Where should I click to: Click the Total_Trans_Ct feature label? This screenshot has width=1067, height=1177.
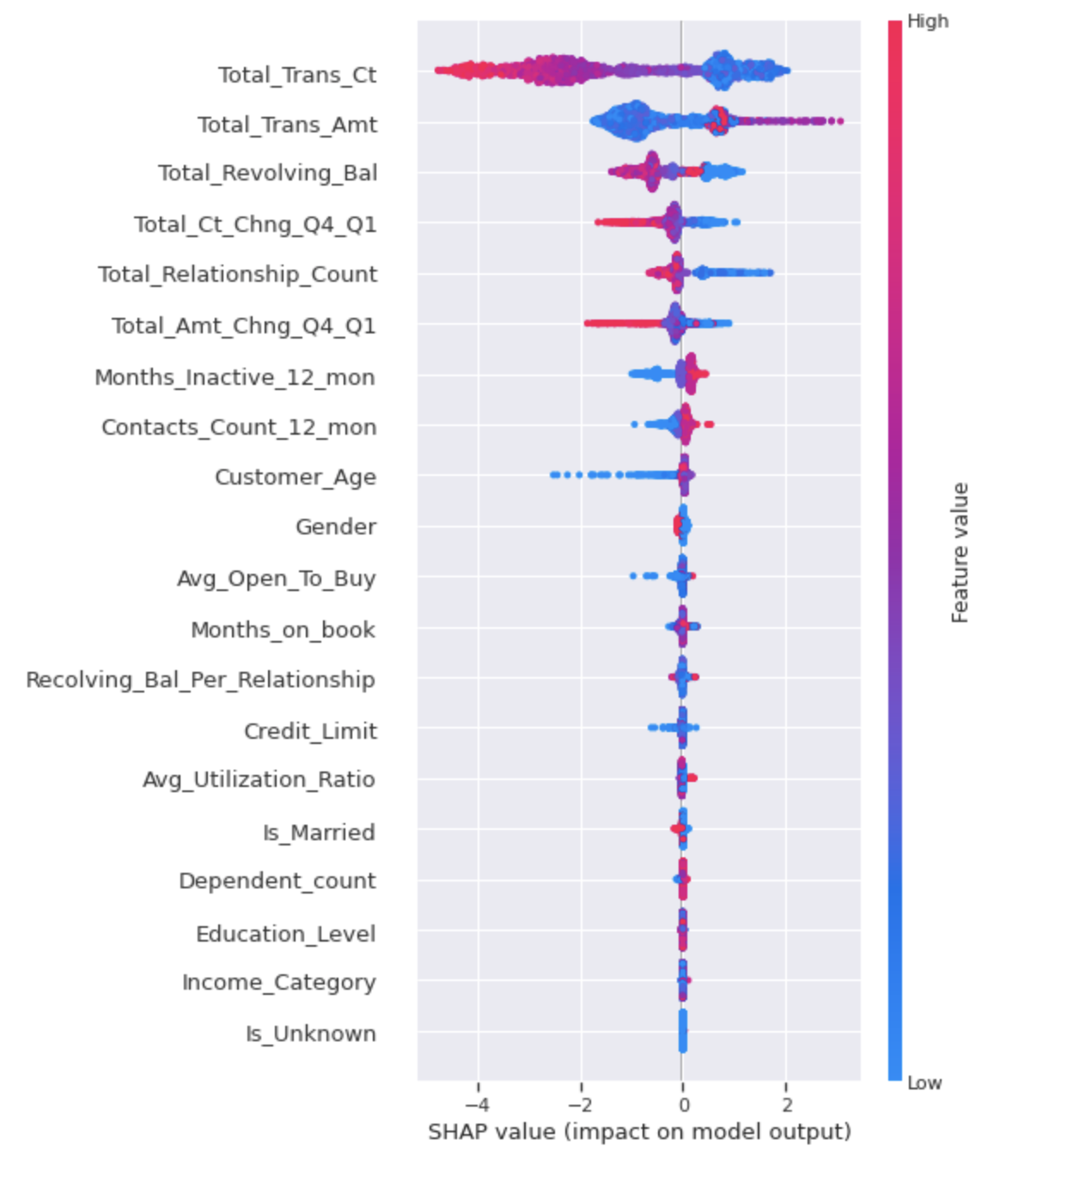pos(296,76)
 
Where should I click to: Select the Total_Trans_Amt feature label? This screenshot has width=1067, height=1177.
pos(287,125)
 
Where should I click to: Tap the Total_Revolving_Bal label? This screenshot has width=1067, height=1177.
pos(267,174)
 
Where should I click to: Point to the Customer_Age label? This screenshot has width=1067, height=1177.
pos(295,478)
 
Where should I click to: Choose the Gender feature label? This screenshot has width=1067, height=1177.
pos(335,527)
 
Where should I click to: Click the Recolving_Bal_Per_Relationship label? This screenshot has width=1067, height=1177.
pos(200,680)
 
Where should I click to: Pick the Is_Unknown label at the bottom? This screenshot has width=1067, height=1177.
pos(310,1034)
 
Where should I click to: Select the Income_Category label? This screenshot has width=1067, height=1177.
pos(278,983)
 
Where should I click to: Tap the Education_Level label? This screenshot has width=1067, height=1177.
pos(285,934)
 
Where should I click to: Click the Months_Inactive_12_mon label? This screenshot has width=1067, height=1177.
pos(235,378)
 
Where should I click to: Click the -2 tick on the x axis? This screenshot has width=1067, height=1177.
pos(581,1105)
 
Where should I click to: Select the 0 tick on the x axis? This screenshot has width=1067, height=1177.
pos(683,1105)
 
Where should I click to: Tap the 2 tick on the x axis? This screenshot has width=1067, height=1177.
pos(787,1105)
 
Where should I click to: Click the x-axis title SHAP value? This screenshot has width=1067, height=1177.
pos(639,1131)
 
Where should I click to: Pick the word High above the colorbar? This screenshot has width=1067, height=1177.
pos(928,21)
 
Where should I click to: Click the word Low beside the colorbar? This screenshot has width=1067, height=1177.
pos(924,1083)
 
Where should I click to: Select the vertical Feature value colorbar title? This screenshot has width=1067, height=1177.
pos(960,552)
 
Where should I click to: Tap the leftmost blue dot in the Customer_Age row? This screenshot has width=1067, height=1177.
pos(554,474)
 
